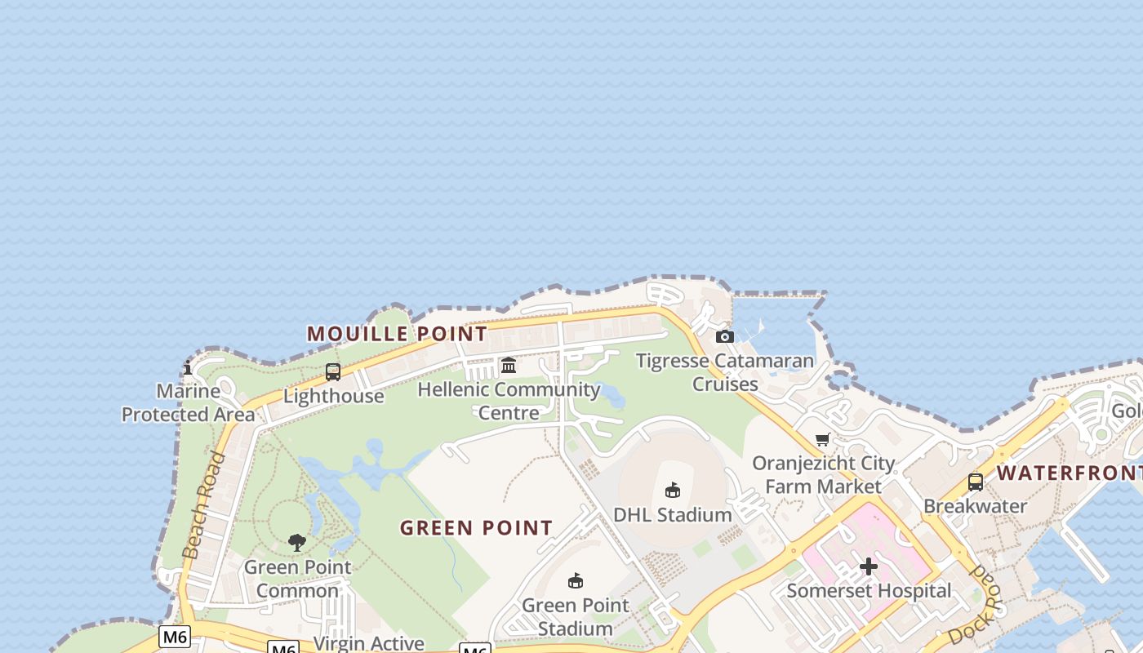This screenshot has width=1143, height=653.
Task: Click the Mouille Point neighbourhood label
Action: pyautogui.click(x=398, y=333)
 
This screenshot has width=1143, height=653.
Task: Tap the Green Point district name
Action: pyautogui.click(x=476, y=528)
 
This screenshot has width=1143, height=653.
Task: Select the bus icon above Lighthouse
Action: pyautogui.click(x=333, y=372)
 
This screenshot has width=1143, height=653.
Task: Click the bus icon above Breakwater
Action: pyautogui.click(x=975, y=482)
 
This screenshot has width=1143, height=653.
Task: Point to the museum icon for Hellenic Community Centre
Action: pyautogui.click(x=509, y=365)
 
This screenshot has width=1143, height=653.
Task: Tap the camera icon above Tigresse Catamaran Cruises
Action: pyautogui.click(x=724, y=336)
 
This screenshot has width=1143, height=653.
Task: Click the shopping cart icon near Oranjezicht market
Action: pyautogui.click(x=823, y=440)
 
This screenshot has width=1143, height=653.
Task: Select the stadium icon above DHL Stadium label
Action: pyautogui.click(x=673, y=490)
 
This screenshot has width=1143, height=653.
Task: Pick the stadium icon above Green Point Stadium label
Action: pyautogui.click(x=576, y=580)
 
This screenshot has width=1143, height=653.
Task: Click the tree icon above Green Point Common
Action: pyautogui.click(x=297, y=542)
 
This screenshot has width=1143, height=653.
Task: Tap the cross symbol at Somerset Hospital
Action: pyautogui.click(x=869, y=566)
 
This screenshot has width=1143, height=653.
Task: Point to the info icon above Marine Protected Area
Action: pyautogui.click(x=188, y=367)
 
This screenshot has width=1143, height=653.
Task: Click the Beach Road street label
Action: pyautogui.click(x=204, y=505)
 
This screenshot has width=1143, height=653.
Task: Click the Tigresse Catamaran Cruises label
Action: pyautogui.click(x=725, y=372)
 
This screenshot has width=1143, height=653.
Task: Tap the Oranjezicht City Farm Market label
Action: pyautogui.click(x=824, y=475)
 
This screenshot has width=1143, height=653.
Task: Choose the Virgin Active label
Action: pyautogui.click(x=369, y=643)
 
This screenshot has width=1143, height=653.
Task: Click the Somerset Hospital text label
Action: pyautogui.click(x=869, y=590)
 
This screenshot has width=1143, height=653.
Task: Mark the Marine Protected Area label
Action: pyautogui.click(x=189, y=402)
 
